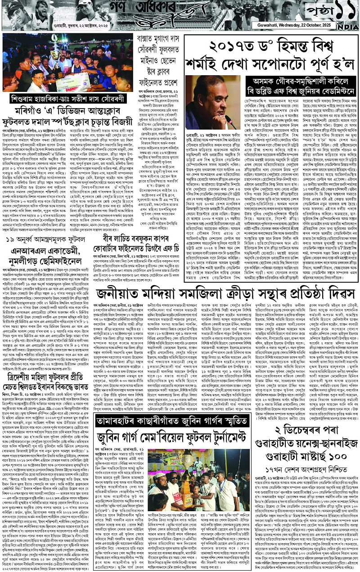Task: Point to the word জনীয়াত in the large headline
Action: point(118,295)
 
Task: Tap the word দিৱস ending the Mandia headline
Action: point(340,295)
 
